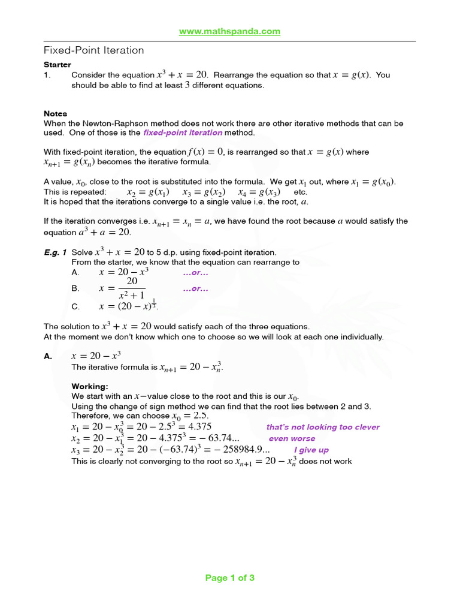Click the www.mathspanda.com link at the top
(229, 31)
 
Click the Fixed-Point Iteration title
(94, 50)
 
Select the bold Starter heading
(57, 64)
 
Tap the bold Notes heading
(55, 113)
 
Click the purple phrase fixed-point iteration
(182, 133)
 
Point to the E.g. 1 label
(55, 252)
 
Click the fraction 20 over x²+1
(132, 288)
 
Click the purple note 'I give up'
(311, 450)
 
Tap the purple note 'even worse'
(291, 438)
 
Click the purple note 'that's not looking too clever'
(322, 427)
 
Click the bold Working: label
(90, 386)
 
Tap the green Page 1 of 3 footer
(229, 578)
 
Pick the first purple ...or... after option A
(195, 273)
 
